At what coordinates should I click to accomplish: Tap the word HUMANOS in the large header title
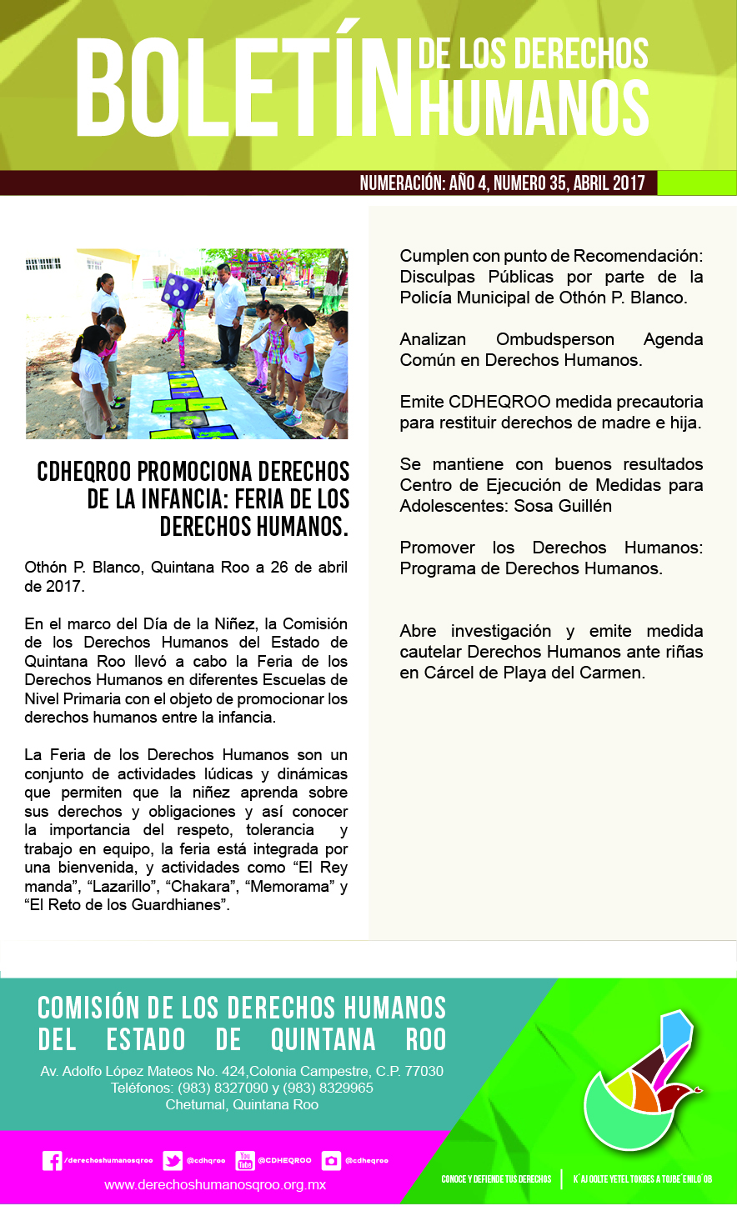pos(534,108)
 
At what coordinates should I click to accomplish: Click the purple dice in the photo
pos(179,290)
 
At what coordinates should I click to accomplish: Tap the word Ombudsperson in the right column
pos(554,340)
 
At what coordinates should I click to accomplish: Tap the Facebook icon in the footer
pos(52,1160)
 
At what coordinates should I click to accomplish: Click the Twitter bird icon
pos(173,1160)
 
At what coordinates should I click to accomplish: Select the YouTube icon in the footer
pos(245,1160)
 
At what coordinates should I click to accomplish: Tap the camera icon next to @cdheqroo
pos(332,1160)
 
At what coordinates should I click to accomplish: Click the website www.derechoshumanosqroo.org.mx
pos(215,1184)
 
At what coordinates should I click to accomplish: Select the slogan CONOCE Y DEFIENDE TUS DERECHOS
pos(496,1179)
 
